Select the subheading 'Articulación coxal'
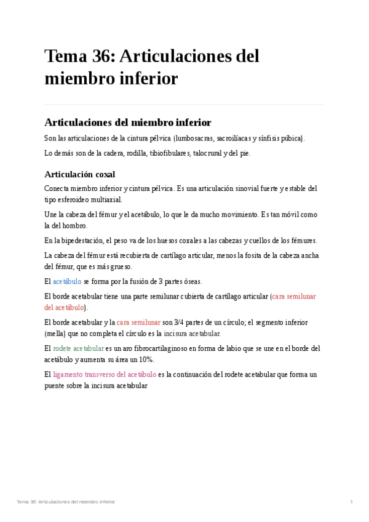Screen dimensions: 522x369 tap(79, 174)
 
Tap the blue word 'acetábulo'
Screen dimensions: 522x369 tap(67, 281)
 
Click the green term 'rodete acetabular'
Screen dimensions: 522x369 tap(78, 348)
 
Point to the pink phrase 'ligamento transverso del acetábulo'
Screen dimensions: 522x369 tap(105, 374)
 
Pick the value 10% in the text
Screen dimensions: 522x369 tap(144, 359)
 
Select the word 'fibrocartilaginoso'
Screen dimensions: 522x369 tap(159, 348)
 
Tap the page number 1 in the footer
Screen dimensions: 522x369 tap(351, 502)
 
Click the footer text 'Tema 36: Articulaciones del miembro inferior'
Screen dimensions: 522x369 tap(66, 502)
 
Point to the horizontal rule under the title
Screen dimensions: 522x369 tap(184, 104)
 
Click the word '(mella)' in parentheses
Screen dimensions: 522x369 tap(57, 334)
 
